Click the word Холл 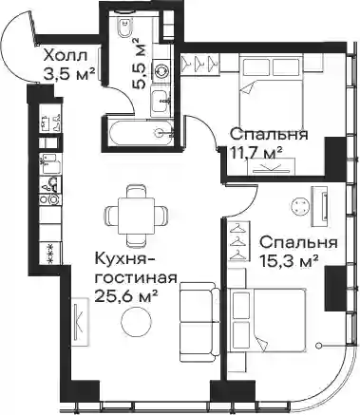(x=65, y=56)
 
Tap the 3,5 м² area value (x=68, y=75)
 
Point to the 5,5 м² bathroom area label (x=139, y=64)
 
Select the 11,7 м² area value (x=256, y=154)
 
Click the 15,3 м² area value (x=289, y=261)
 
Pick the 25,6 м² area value (x=126, y=296)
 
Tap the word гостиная (x=136, y=278)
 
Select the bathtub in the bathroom (x=141, y=132)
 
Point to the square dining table (x=137, y=216)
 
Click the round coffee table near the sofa (x=137, y=321)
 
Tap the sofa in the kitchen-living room (x=199, y=323)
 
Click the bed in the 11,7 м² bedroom (x=271, y=91)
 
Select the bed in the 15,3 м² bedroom (x=268, y=320)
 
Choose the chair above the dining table (x=137, y=191)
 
